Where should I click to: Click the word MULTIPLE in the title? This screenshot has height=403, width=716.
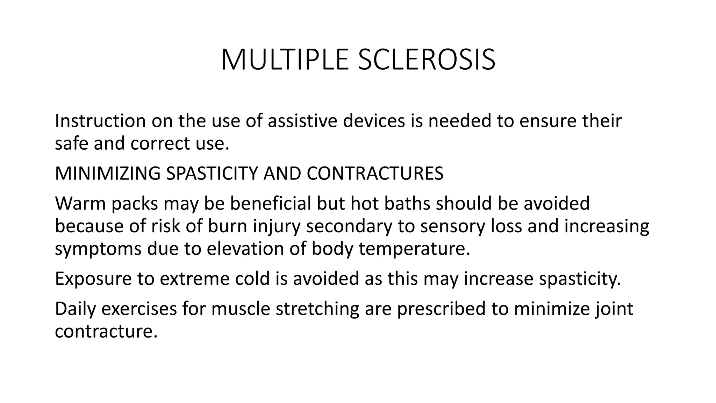pyautogui.click(x=285, y=60)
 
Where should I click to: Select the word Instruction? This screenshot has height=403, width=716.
pyautogui.click(x=100, y=121)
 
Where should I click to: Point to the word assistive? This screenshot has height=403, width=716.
pyautogui.click(x=303, y=121)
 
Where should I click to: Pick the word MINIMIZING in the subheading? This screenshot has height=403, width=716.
pyautogui.click(x=108, y=173)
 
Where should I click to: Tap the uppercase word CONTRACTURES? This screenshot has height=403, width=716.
pyautogui.click(x=375, y=173)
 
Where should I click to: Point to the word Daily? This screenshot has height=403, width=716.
pyautogui.click(x=75, y=309)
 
